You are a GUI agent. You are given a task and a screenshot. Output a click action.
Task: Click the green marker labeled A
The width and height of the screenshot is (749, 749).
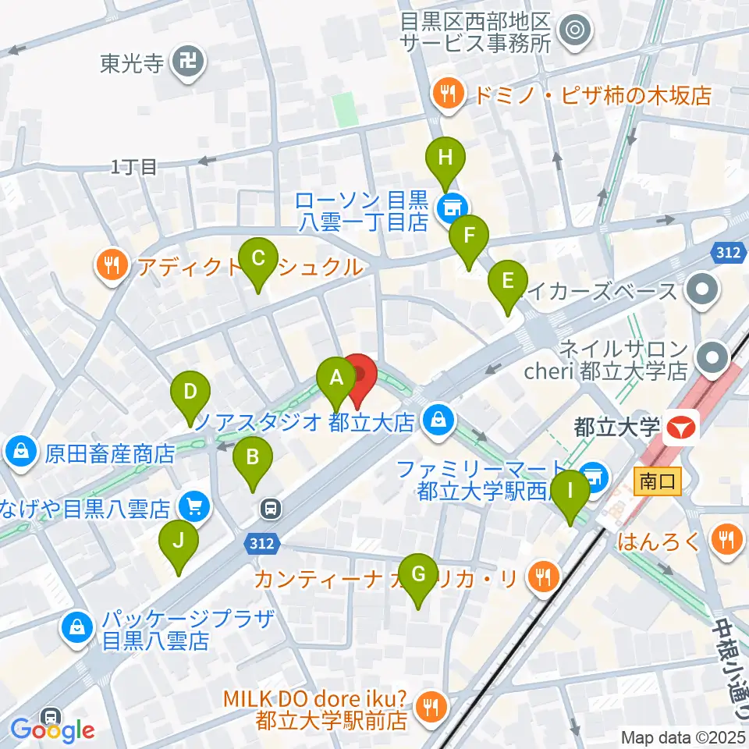(x=336, y=379)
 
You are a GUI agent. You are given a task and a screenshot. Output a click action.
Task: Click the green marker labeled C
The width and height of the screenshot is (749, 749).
(x=259, y=259)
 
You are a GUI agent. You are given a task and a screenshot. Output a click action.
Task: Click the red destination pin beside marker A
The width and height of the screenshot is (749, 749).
(x=359, y=378)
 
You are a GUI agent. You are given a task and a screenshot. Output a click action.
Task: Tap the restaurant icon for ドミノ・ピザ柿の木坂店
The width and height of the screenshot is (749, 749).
(x=448, y=95)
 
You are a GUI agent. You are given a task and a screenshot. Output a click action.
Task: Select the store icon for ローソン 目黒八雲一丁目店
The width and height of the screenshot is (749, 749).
(x=449, y=208)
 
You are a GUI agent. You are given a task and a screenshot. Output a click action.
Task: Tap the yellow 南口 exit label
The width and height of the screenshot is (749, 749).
(x=658, y=481)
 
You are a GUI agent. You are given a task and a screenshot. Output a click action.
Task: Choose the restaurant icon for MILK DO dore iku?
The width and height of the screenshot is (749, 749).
(x=430, y=707)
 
